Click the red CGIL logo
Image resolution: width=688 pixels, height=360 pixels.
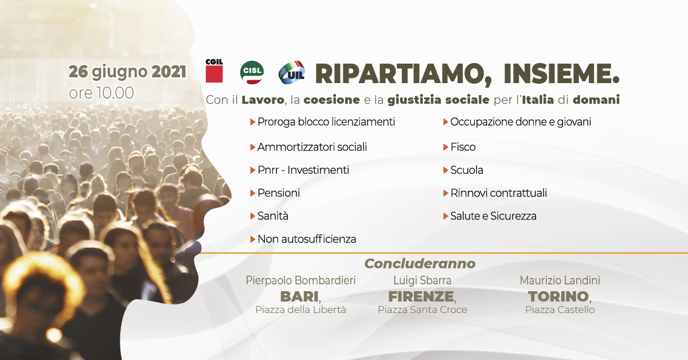pos(214,71)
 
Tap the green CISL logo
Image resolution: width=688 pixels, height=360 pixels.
pos(252,72)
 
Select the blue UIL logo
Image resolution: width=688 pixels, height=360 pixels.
pos(291,72)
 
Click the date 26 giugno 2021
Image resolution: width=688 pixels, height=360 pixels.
pos(127,72)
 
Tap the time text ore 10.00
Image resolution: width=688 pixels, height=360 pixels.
pos(101,93)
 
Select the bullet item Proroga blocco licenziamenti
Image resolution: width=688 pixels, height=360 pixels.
pos(326,122)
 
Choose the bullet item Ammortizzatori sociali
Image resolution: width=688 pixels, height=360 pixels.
pos(312,147)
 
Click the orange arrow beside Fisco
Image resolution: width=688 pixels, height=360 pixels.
pos(445,147)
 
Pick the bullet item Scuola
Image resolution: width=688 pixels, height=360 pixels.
pos(467,170)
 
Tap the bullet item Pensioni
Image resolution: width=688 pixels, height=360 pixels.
pos(279,193)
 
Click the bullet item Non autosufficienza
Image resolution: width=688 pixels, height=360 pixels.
pos(307,239)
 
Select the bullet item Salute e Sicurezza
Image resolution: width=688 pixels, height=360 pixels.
pos(493,216)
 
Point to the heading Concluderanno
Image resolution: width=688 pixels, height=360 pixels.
pos(420,264)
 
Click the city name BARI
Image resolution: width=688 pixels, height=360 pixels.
pos(299,296)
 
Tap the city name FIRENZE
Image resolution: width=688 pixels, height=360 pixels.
pos(421,296)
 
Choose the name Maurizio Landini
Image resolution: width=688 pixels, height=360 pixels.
pos(560,280)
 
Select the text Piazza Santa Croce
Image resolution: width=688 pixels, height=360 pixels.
pos(423,310)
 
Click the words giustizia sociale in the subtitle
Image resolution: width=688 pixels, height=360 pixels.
pos(438,100)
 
